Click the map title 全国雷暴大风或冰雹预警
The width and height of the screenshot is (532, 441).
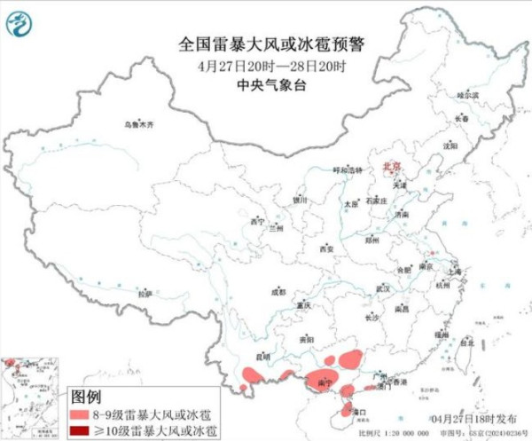click(265, 43)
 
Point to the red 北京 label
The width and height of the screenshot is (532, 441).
click(391, 166)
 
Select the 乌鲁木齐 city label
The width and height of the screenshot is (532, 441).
click(138, 125)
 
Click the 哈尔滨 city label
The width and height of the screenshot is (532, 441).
click(467, 94)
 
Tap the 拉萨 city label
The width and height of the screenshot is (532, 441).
click(145, 293)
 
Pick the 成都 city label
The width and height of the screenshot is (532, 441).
click(278, 290)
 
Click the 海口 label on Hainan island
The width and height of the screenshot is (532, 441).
click(358, 413)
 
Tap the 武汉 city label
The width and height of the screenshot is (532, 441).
click(383, 289)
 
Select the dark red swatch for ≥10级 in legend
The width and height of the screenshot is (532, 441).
click(81, 430)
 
